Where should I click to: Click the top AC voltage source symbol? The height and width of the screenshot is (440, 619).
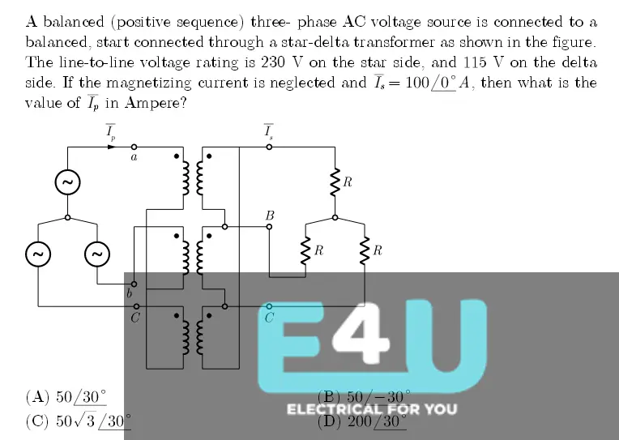click(67, 183)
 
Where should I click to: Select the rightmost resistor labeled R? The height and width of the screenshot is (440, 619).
click(365, 251)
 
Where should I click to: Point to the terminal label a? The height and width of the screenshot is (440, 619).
click(134, 157)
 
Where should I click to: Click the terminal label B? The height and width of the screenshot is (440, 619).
click(270, 216)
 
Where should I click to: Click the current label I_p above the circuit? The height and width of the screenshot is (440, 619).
click(111, 131)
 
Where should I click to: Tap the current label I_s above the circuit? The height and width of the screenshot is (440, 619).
click(268, 131)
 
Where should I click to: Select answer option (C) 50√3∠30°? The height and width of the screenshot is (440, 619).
click(78, 421)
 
